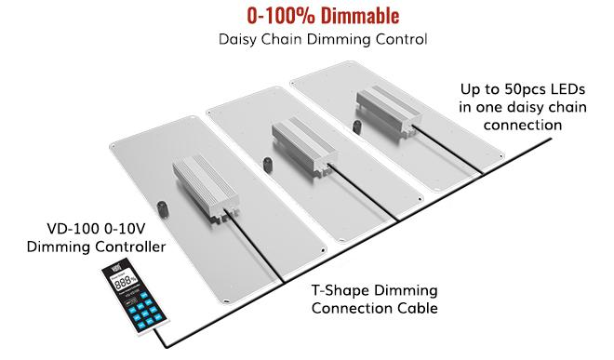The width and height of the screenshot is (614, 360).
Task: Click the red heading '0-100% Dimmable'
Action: (323, 16)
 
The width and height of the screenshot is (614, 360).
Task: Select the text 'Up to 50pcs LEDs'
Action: (523, 89)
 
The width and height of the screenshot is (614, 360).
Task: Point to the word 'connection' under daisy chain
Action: (523, 125)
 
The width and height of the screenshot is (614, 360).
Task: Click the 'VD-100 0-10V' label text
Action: (96, 229)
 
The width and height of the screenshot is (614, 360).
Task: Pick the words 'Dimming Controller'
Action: (96, 247)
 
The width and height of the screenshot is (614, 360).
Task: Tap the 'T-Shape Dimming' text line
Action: (374, 290)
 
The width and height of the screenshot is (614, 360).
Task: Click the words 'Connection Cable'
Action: (374, 308)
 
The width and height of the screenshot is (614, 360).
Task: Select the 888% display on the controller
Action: (125, 281)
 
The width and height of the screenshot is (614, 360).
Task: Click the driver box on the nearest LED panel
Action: (206, 188)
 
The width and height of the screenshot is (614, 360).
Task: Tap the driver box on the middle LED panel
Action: (304, 148)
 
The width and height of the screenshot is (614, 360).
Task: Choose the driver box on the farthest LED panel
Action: (388, 111)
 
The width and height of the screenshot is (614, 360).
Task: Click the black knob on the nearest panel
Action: (162, 209)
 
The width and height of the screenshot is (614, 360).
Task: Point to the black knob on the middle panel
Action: (267, 165)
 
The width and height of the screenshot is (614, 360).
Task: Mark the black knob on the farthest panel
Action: (356, 127)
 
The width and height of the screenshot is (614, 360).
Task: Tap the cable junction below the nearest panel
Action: (282, 281)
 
